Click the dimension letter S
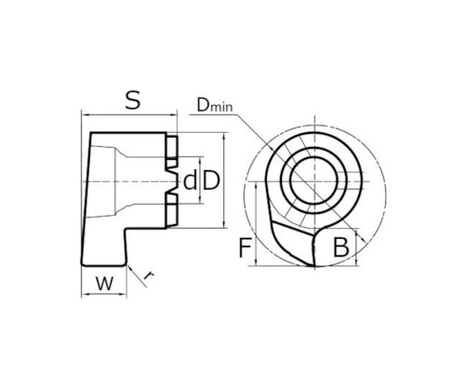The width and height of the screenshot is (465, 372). [133, 100]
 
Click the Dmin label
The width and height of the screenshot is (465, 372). [215, 105]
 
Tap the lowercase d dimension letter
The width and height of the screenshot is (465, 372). [190, 181]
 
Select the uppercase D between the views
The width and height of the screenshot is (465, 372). [211, 181]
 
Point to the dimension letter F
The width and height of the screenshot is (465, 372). [246, 247]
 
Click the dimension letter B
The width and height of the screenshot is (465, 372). [340, 247]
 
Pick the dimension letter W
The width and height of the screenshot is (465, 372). [104, 283]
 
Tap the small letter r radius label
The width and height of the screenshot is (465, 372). [150, 275]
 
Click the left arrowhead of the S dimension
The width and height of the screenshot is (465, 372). [86, 115]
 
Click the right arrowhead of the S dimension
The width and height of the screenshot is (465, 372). [173, 115]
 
